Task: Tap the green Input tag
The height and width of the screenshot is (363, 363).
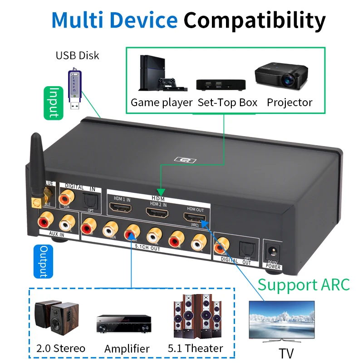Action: coord(54,103)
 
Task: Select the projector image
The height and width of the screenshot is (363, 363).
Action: coord(278,76)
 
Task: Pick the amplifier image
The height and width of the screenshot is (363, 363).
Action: coord(123,324)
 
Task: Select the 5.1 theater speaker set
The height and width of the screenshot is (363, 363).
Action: coord(196,317)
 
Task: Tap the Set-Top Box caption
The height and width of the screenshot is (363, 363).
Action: coord(227,103)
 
